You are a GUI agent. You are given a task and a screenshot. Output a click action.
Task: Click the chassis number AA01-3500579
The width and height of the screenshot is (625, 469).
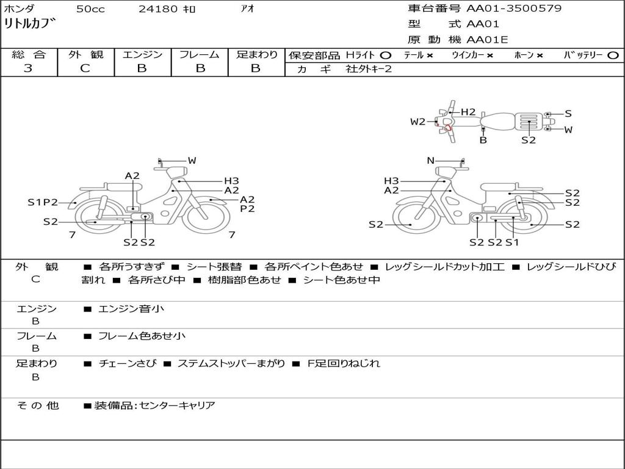[514, 9]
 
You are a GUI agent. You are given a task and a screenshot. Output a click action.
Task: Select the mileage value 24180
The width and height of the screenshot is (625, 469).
[158, 9]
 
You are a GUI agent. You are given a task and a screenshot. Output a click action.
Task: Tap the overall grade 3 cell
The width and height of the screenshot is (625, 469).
[28, 68]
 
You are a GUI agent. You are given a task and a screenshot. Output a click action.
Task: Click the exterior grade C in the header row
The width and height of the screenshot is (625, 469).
[85, 68]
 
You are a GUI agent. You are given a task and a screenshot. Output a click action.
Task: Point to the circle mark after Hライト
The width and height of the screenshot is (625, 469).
[386, 56]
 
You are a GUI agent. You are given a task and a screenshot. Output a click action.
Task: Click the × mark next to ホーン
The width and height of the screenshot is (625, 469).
[540, 56]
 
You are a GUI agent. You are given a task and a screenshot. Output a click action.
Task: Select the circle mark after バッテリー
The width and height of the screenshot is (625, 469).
[613, 56]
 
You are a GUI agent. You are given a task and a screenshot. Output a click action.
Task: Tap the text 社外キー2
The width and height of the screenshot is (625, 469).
[369, 69]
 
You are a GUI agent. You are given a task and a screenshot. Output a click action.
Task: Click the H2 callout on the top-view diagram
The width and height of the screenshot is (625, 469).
[468, 112]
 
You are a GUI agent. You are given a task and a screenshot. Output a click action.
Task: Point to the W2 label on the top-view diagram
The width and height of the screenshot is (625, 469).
[417, 122]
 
